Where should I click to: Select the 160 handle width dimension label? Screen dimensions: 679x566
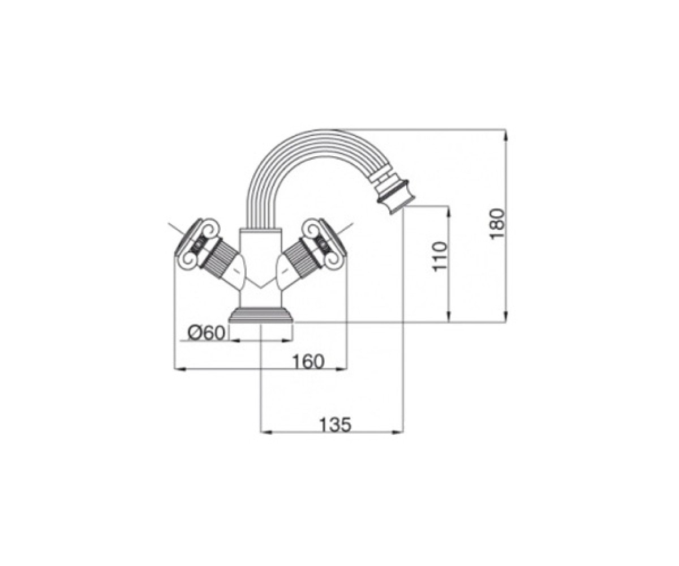[308, 361]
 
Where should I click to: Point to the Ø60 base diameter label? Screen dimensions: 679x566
[206, 333]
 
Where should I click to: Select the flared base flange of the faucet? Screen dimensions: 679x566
[261, 315]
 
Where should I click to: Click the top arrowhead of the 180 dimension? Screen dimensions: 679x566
[505, 134]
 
